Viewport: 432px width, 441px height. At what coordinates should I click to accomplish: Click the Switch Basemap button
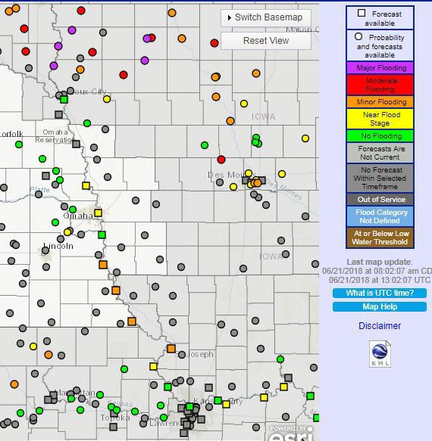click(x=265, y=17)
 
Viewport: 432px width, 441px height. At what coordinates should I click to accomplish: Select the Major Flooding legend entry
click(x=380, y=67)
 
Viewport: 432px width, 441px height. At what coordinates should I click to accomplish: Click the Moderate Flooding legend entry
click(x=380, y=84)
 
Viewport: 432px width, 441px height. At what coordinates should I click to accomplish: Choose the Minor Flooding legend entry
click(x=380, y=101)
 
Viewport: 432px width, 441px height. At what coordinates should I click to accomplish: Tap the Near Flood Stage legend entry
click(x=380, y=119)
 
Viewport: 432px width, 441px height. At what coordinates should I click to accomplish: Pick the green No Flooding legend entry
click(x=380, y=136)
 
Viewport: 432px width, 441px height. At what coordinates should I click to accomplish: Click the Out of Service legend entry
click(x=380, y=200)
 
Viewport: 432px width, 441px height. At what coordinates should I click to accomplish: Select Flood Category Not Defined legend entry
click(x=380, y=217)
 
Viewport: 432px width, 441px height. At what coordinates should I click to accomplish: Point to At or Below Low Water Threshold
click(x=380, y=238)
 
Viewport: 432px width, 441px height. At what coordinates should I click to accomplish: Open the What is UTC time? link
click(x=380, y=293)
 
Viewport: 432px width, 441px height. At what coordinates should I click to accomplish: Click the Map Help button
click(x=380, y=306)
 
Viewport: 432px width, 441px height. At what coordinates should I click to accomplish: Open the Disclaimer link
click(x=380, y=326)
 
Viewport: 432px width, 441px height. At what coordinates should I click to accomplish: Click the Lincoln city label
click(x=58, y=246)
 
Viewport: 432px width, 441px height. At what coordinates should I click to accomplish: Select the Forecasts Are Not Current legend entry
click(x=380, y=154)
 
